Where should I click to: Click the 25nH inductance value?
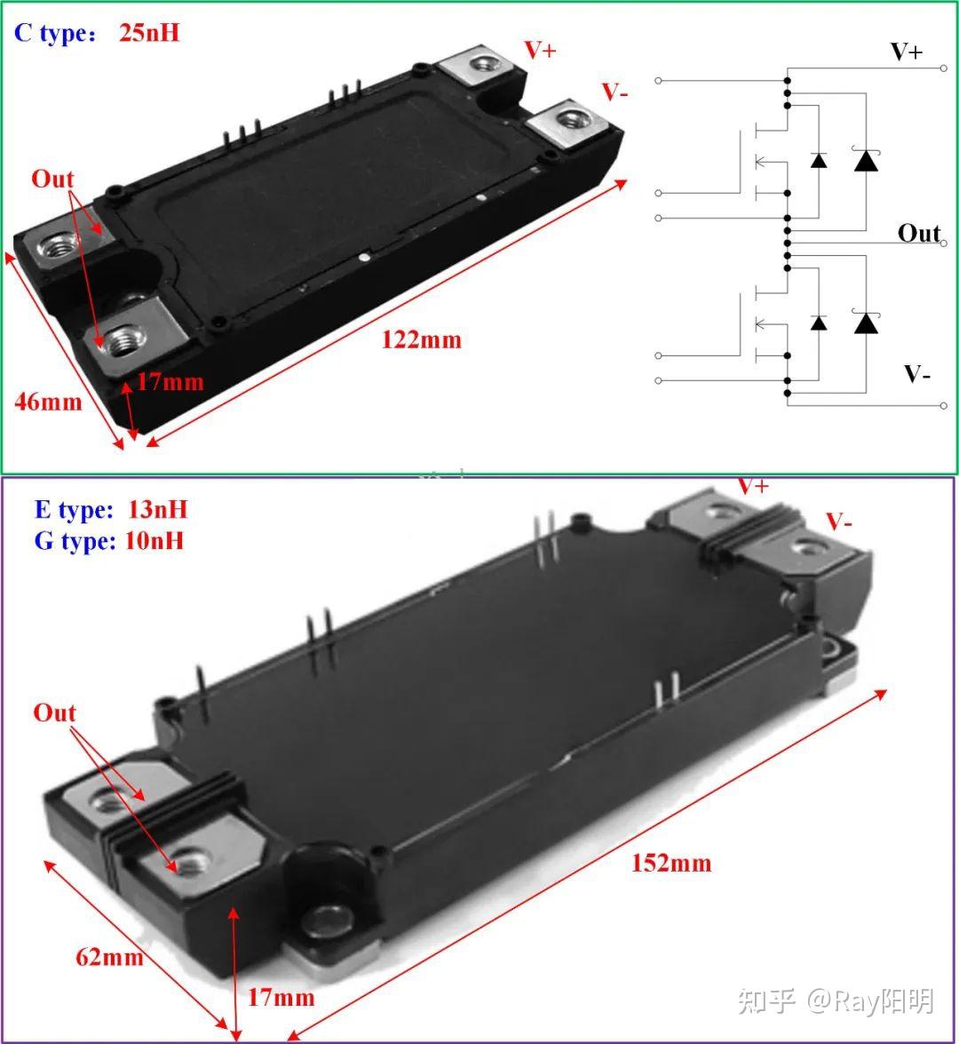[148, 33]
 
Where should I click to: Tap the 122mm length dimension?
[421, 340]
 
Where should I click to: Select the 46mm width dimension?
[48, 402]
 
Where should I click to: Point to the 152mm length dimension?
[671, 863]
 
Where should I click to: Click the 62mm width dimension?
[109, 957]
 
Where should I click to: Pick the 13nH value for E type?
[157, 510]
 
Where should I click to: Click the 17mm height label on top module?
[170, 382]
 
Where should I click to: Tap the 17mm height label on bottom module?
[281, 998]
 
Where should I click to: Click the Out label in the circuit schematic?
[918, 234]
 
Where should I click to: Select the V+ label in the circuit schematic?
[907, 52]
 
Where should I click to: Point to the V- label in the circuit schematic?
[916, 374]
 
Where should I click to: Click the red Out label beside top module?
[52, 179]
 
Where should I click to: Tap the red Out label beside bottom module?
[54, 713]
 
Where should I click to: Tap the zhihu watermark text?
[836, 1002]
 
